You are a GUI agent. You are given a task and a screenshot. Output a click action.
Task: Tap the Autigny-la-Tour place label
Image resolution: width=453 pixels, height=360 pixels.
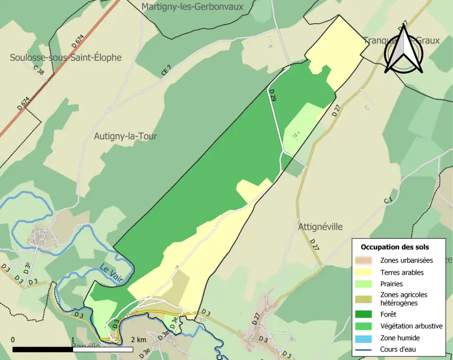click(x=126, y=136)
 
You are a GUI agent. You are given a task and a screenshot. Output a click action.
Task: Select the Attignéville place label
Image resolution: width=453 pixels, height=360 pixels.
click(x=320, y=226)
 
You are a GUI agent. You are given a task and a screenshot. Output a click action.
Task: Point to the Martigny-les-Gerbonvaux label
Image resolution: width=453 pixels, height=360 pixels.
click(x=192, y=7)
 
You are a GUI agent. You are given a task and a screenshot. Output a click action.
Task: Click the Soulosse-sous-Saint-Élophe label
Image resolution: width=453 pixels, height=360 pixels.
click(x=66, y=58)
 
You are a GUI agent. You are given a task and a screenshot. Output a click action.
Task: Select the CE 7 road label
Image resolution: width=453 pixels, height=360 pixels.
click(x=166, y=71)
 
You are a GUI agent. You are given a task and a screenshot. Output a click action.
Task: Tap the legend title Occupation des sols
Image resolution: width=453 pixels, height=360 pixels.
click(x=395, y=247)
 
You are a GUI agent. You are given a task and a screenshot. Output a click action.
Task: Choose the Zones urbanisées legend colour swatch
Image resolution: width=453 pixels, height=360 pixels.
click(x=364, y=260)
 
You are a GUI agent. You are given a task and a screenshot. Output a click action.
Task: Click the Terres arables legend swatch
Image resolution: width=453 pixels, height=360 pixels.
click(x=364, y=272)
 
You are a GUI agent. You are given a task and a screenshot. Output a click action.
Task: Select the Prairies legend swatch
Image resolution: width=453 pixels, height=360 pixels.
click(x=364, y=284)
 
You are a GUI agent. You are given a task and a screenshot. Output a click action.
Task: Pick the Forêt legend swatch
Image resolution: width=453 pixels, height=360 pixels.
click(x=364, y=314)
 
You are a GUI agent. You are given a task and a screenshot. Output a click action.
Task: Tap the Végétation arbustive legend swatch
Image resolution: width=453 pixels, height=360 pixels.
click(x=364, y=326)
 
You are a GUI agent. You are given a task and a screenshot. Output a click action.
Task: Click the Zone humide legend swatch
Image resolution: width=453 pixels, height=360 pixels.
click(x=364, y=338)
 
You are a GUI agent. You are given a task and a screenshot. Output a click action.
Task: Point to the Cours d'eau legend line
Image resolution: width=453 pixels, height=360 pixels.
click(x=364, y=350)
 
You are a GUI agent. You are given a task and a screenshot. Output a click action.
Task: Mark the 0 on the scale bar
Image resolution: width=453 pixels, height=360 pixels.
click(x=13, y=340)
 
